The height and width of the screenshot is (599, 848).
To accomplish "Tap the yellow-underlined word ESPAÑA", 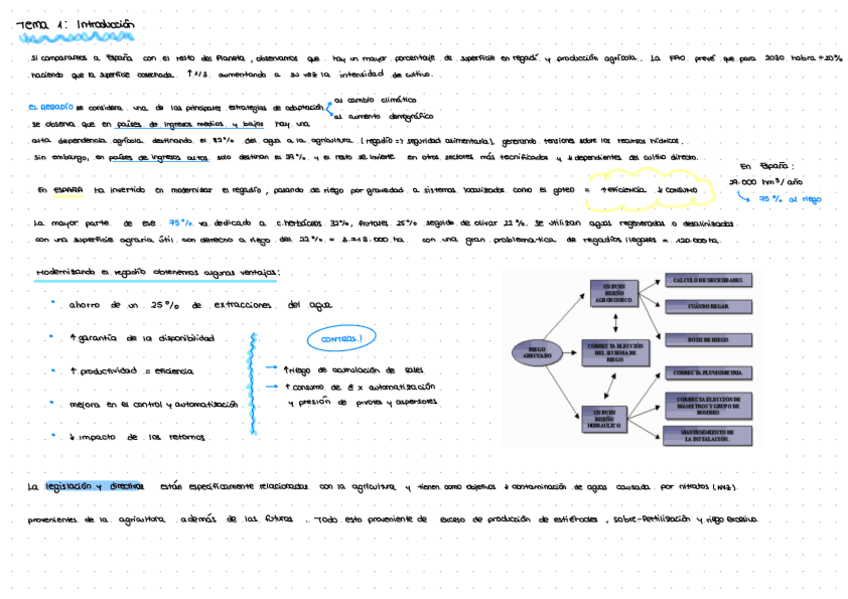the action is pyautogui.click(x=68, y=190).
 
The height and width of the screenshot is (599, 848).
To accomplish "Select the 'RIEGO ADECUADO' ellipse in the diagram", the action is pyautogui.click(x=536, y=351).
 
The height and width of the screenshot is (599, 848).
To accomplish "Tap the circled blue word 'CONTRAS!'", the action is pyautogui.click(x=341, y=340).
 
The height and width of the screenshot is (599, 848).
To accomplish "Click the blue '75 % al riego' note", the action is pyautogui.click(x=790, y=199).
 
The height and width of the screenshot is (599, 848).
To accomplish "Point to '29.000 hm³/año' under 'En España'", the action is pyautogui.click(x=767, y=182).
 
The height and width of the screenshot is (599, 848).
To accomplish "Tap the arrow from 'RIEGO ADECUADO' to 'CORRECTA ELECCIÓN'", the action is pyautogui.click(x=569, y=349).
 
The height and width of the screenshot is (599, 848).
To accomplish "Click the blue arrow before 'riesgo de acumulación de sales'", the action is pyautogui.click(x=273, y=368).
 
